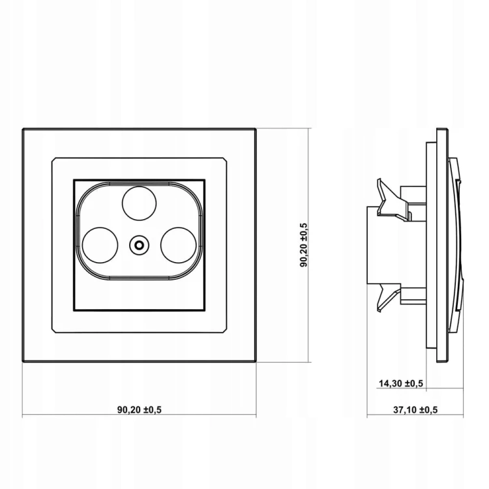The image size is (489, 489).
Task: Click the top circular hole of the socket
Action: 139,203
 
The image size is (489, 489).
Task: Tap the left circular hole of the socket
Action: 100,244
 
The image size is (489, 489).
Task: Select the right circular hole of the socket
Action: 179,244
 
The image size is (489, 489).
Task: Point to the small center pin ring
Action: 139,244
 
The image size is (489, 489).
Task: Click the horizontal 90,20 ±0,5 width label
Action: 140,409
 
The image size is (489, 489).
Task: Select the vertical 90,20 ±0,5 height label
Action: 304,244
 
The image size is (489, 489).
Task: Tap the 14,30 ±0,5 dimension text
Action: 401,383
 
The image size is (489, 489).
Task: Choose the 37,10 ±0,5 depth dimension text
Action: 415,409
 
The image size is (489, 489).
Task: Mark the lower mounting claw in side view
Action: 389,298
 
